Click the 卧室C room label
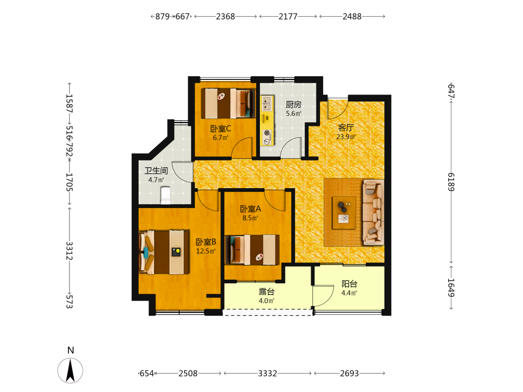221,129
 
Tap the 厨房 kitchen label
293,105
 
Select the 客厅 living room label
346,128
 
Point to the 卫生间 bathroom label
156,171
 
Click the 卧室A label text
251,209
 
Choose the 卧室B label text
206,242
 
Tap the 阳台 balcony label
349,284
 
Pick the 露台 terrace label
267,292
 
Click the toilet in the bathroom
165,195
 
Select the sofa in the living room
373,212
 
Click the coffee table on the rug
344,213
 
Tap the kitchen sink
267,103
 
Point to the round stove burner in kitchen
267,133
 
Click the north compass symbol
71,370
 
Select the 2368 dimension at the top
225,16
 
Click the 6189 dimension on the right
451,182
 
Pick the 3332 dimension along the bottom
267,373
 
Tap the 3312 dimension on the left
69,251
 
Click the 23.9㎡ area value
346,136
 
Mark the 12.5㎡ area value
206,251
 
